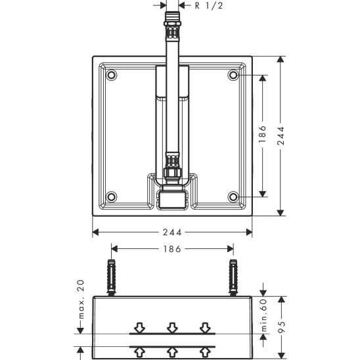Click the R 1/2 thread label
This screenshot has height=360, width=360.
point(209,5)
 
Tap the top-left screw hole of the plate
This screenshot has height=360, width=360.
point(112,75)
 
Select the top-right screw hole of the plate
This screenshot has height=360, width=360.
point(233,75)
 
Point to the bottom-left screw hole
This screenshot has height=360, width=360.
point(112,197)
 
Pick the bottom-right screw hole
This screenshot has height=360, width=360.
point(233,197)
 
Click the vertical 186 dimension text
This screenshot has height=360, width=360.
point(262,134)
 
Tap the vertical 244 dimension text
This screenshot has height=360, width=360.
point(281,136)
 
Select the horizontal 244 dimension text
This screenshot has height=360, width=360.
point(172,233)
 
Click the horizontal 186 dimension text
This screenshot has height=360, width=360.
point(172,249)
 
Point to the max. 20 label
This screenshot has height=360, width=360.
point(81,300)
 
